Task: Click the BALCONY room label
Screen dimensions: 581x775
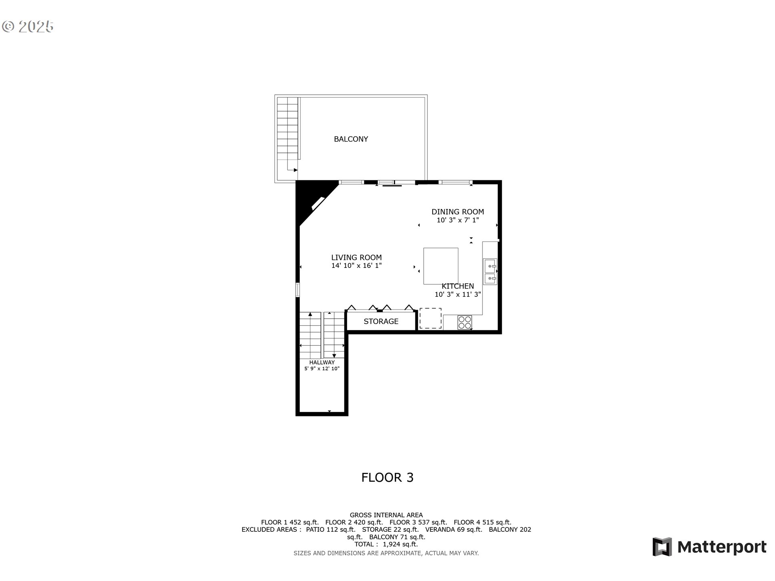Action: (x=351, y=139)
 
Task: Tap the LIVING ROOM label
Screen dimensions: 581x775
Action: (x=356, y=257)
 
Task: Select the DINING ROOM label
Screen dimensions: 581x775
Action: (x=457, y=212)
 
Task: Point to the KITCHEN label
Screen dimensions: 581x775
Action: (x=458, y=286)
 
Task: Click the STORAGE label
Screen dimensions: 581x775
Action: (x=381, y=322)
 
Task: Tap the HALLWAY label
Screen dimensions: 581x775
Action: (x=322, y=362)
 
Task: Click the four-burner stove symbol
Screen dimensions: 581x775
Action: (x=465, y=322)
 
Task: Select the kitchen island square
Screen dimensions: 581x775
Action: (x=440, y=266)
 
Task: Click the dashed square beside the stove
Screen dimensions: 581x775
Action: (x=430, y=318)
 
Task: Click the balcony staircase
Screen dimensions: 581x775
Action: (x=287, y=129)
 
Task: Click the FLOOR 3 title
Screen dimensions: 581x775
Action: (x=387, y=478)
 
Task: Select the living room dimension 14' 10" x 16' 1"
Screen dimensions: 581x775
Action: (x=356, y=265)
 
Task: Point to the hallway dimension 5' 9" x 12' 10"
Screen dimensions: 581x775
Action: (x=322, y=369)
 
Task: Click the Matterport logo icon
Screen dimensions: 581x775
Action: (x=662, y=547)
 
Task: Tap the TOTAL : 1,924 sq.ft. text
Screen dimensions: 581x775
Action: (x=386, y=544)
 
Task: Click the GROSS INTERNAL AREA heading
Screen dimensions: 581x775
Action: (x=386, y=515)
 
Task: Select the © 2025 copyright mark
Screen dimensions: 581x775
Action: (x=28, y=27)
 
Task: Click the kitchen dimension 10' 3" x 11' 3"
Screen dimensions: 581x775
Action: (x=458, y=295)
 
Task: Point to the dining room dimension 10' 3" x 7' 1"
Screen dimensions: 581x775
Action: (x=457, y=220)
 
